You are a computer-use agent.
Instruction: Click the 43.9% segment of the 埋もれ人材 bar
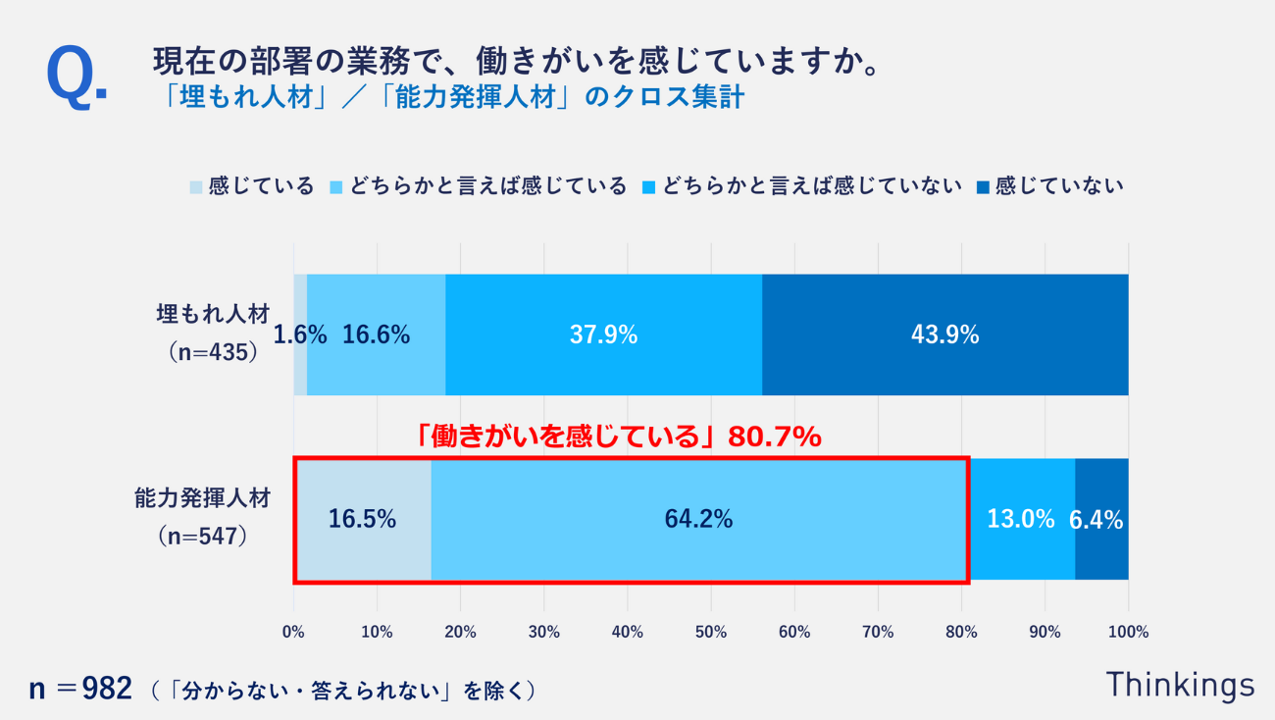tap(944, 334)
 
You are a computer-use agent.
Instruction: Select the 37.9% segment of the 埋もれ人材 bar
tap(603, 334)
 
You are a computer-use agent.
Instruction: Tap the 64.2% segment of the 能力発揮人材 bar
tap(698, 519)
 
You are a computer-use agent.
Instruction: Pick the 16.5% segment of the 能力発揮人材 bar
tap(362, 519)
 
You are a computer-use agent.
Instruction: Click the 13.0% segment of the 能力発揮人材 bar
tap(1020, 519)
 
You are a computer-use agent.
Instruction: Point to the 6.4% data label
tap(1096, 520)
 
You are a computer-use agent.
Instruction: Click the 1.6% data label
tap(299, 334)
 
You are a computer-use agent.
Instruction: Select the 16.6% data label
tap(376, 334)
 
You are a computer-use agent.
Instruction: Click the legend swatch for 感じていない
tap(983, 186)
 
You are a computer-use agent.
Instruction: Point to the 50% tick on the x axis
tap(711, 633)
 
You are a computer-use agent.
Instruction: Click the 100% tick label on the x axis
tap(1128, 633)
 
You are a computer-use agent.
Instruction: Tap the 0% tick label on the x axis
tap(294, 633)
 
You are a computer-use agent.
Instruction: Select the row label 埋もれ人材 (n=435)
tap(212, 334)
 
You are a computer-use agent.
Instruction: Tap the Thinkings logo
tap(1180, 685)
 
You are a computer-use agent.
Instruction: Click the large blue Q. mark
tap(76, 76)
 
